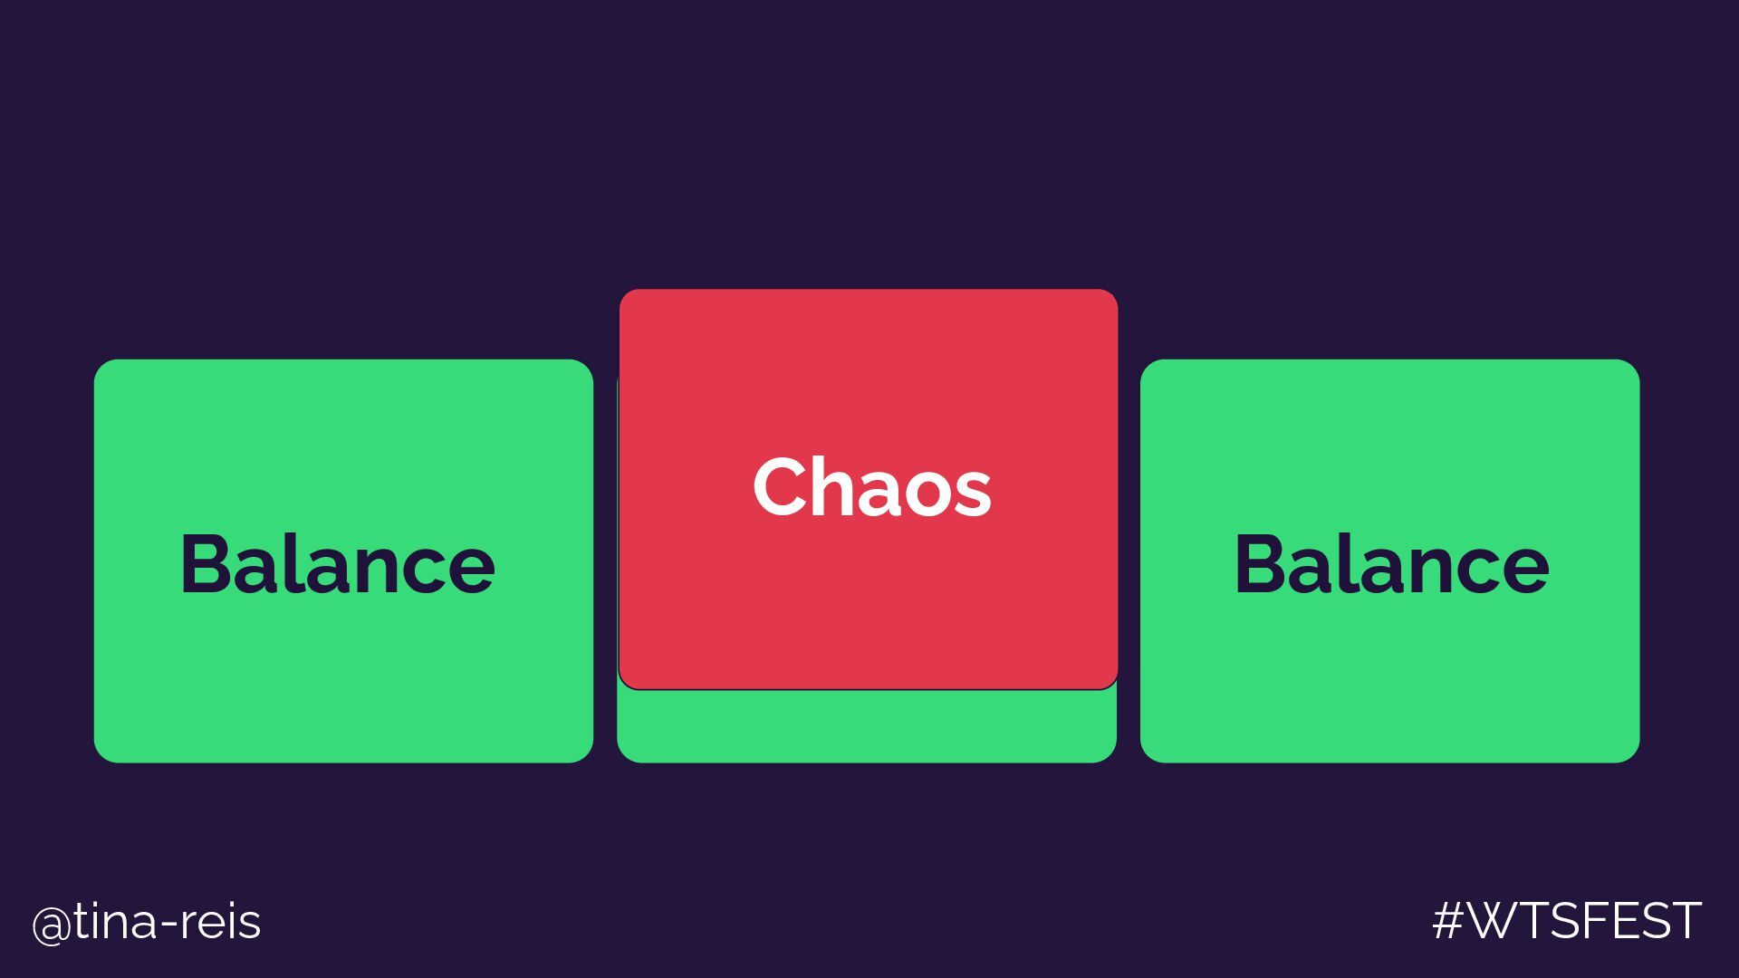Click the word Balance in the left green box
click(x=338, y=563)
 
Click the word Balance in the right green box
click(x=1391, y=563)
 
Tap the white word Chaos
click(x=871, y=487)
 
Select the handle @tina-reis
click(x=147, y=923)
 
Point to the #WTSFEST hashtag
click(x=1567, y=921)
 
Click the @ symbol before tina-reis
click(x=51, y=925)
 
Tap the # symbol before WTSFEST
click(x=1449, y=921)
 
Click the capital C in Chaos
click(x=782, y=487)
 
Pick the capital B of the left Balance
click(x=206, y=563)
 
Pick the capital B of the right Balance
click(x=1260, y=563)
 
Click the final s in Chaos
click(x=973, y=494)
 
